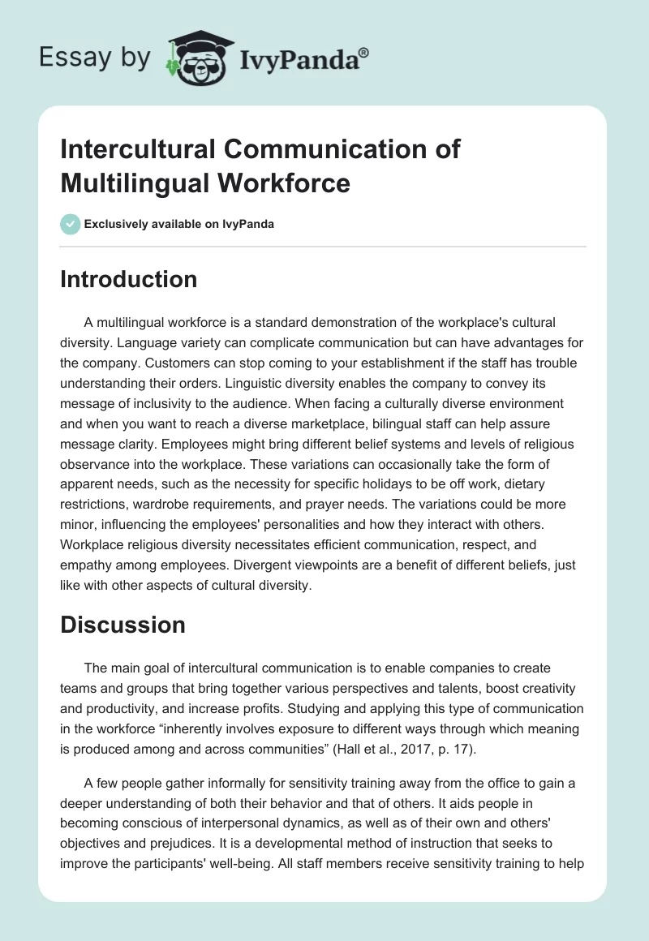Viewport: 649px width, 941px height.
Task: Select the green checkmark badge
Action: coord(71,224)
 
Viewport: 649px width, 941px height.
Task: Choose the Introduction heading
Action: coord(128,279)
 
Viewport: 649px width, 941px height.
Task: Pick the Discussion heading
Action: coord(122,625)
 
